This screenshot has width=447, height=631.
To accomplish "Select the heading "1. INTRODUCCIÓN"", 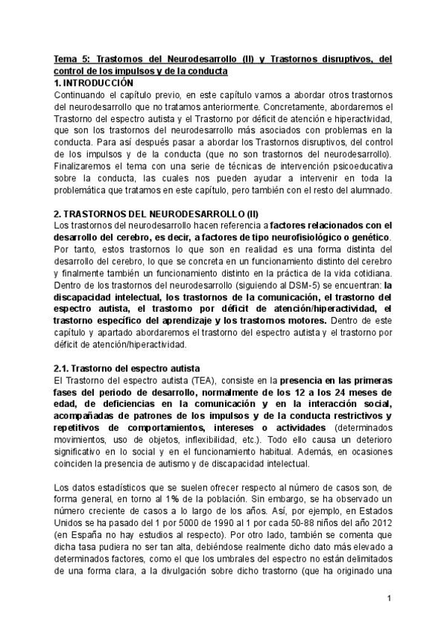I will pyautogui.click(x=95, y=83).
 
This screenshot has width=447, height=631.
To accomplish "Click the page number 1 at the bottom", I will pyautogui.click(x=389, y=598).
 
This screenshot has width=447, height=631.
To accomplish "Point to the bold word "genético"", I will pyautogui.click(x=372, y=237).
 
